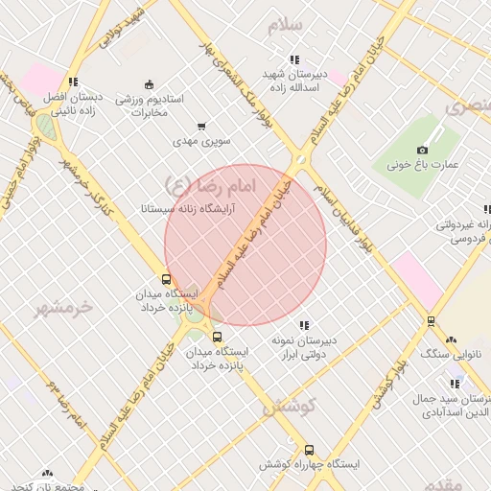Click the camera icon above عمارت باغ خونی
pyautogui.click(x=422, y=150)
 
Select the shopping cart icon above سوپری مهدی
pyautogui.click(x=201, y=126)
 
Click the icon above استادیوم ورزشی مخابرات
pyautogui.click(x=147, y=83)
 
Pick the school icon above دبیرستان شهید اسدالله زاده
pyautogui.click(x=294, y=58)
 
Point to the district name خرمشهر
pyautogui.click(x=65, y=308)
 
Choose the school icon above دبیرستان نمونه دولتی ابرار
pyautogui.click(x=304, y=325)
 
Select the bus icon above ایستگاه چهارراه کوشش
pyautogui.click(x=309, y=450)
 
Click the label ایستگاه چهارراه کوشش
pyautogui.click(x=309, y=464)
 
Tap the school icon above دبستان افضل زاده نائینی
pyautogui.click(x=74, y=82)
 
